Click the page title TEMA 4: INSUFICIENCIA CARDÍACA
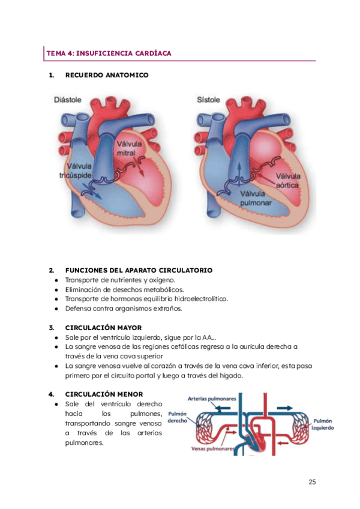109,53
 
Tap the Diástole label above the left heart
68,100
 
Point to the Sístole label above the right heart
208,100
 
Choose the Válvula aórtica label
287,180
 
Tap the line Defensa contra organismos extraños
123,309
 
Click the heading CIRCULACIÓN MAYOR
103,328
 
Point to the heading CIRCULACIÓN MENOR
104,394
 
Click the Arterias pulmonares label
212,397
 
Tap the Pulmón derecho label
178,417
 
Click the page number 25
312,481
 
